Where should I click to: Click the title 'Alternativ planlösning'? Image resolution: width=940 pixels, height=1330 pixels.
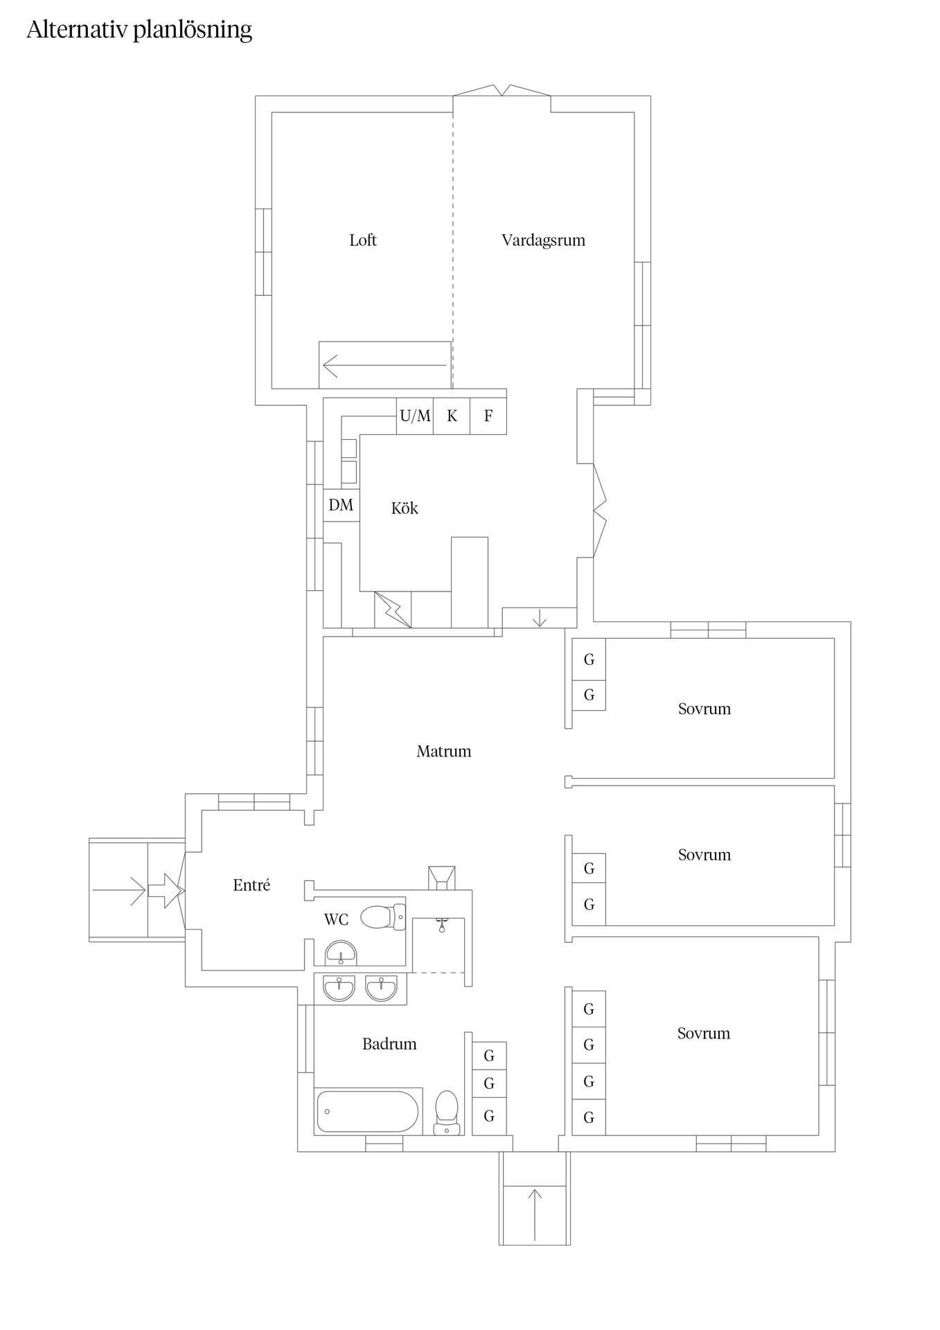click(139, 30)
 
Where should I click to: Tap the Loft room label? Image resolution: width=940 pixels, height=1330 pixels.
click(363, 240)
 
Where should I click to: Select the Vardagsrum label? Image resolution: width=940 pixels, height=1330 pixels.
click(543, 241)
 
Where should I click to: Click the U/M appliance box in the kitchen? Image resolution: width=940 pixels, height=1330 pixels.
click(415, 416)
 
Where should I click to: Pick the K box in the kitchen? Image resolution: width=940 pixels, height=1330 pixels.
click(452, 416)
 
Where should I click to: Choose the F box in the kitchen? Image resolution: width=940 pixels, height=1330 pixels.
click(488, 416)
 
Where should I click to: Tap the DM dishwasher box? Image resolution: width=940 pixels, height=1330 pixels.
click(341, 505)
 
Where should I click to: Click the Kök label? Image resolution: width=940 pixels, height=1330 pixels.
click(405, 508)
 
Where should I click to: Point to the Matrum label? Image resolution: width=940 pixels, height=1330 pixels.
click(443, 752)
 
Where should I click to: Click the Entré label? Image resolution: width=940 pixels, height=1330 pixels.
click(251, 885)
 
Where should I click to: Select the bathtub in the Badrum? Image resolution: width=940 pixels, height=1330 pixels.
click(368, 1112)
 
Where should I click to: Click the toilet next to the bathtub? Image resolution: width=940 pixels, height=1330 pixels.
click(447, 1113)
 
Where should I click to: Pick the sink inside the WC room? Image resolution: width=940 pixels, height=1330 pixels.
click(341, 953)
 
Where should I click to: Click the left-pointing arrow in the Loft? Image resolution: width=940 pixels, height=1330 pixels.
click(385, 365)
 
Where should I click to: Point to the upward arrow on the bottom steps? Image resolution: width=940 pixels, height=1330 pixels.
click(535, 1214)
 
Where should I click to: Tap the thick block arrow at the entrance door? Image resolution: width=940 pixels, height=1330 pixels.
click(166, 890)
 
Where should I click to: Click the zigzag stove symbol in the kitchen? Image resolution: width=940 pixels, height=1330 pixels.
click(393, 610)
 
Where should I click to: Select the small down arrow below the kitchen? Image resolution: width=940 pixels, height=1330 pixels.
click(540, 618)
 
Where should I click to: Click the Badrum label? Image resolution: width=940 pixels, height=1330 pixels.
click(389, 1045)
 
